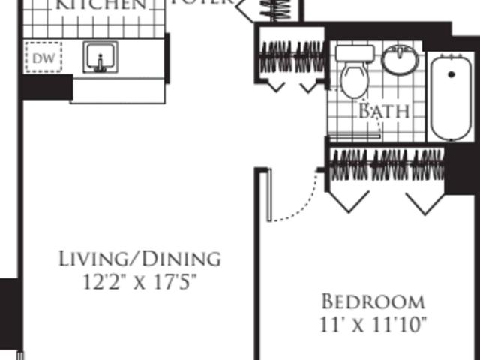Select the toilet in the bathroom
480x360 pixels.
coord(355,79)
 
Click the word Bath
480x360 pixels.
coord(383,112)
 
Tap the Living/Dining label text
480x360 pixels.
coord(140,259)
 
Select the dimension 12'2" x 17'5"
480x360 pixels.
coord(140,282)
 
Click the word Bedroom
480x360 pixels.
coord(373,301)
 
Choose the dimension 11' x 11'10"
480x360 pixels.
coord(373,325)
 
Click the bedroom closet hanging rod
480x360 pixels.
coord(387,160)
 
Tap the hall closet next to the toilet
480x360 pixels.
coord(292,57)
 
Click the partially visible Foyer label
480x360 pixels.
coord(201,3)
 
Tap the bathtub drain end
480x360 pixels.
coord(450,73)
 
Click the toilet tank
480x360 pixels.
coord(355,53)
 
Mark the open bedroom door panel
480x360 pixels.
coord(268,195)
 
